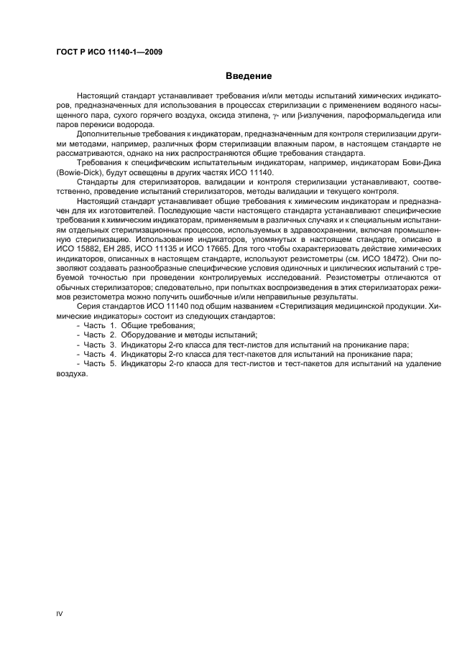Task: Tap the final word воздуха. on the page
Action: [x=72, y=372]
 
